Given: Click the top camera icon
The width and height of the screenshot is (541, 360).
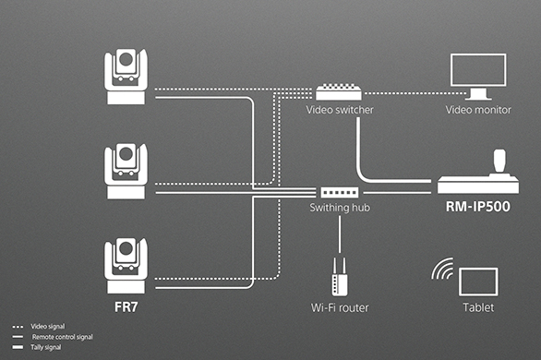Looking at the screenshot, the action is coord(126,77).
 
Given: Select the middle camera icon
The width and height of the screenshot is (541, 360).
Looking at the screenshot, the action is coord(126,171).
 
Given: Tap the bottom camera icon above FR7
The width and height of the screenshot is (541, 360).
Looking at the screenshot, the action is coord(126,266).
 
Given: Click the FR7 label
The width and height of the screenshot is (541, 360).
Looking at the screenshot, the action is coord(126,306).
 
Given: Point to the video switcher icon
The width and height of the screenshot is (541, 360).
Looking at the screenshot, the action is coord(339,91).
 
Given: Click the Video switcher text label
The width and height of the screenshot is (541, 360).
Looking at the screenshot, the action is coord(340,110).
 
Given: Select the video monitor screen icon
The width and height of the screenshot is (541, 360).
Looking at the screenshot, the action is coord(478,77).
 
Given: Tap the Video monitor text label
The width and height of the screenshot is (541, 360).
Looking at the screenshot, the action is coord(478,110).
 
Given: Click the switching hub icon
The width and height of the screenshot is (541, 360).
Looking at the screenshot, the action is coord(340,192).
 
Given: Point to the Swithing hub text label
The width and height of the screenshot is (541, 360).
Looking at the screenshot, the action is coord(340,208).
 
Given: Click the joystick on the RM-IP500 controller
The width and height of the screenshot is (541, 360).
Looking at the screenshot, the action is coord(499,162).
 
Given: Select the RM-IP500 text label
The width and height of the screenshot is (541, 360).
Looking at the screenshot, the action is coord(478,207).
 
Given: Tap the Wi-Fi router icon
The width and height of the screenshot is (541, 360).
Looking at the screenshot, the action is coord(340,276).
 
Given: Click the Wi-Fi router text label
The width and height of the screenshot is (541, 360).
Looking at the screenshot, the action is coord(340,307).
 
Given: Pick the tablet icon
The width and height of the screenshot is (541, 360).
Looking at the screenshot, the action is coord(478,282).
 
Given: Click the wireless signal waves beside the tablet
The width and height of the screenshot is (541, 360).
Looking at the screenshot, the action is coord(442,269).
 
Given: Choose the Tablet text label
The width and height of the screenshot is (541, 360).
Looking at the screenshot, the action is coord(478,307).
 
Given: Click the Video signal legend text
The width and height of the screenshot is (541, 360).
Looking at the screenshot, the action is coord(48,326).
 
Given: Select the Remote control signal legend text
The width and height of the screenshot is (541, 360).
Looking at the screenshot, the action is coord(63,337).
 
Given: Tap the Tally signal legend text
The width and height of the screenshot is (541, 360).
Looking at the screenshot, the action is coord(46,347).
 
